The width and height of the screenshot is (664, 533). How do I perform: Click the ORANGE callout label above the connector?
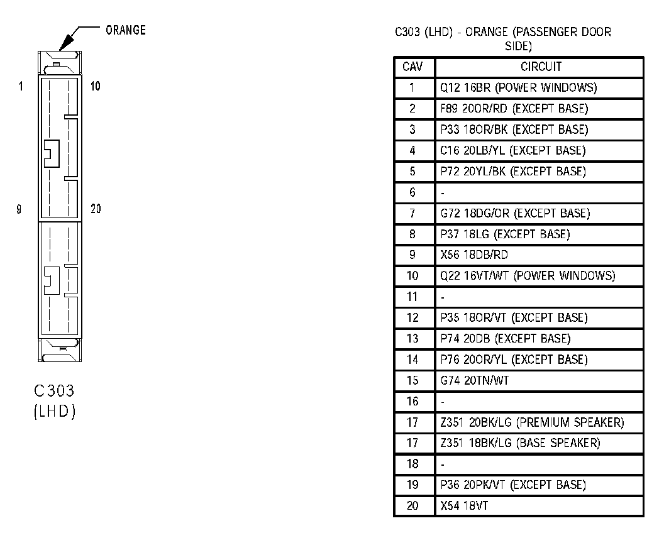click(126, 30)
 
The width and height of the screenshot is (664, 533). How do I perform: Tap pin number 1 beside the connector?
click(21, 86)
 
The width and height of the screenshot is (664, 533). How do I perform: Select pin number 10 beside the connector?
click(96, 86)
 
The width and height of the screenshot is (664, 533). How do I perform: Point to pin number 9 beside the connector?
click(19, 209)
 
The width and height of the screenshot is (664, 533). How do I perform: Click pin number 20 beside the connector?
click(96, 209)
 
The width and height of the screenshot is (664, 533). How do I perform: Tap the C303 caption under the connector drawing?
click(54, 391)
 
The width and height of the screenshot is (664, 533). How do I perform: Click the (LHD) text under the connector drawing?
click(54, 412)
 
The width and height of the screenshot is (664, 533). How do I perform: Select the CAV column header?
click(412, 67)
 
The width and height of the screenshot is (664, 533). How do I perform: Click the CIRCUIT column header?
click(541, 67)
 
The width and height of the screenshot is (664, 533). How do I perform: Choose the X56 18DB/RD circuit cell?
click(474, 255)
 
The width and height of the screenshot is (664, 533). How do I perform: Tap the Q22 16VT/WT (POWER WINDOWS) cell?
click(528, 276)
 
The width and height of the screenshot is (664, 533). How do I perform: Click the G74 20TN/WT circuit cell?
click(476, 380)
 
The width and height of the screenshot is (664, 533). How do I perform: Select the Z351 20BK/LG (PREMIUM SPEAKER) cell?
click(532, 422)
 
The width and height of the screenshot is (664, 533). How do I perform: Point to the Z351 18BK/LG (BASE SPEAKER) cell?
click(520, 443)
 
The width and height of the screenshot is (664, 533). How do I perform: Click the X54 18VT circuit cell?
click(464, 505)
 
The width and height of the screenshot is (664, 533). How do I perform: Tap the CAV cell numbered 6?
click(412, 192)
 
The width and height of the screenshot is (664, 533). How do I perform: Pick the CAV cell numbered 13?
click(412, 339)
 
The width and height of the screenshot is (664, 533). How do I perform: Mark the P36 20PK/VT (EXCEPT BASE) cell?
click(513, 485)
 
